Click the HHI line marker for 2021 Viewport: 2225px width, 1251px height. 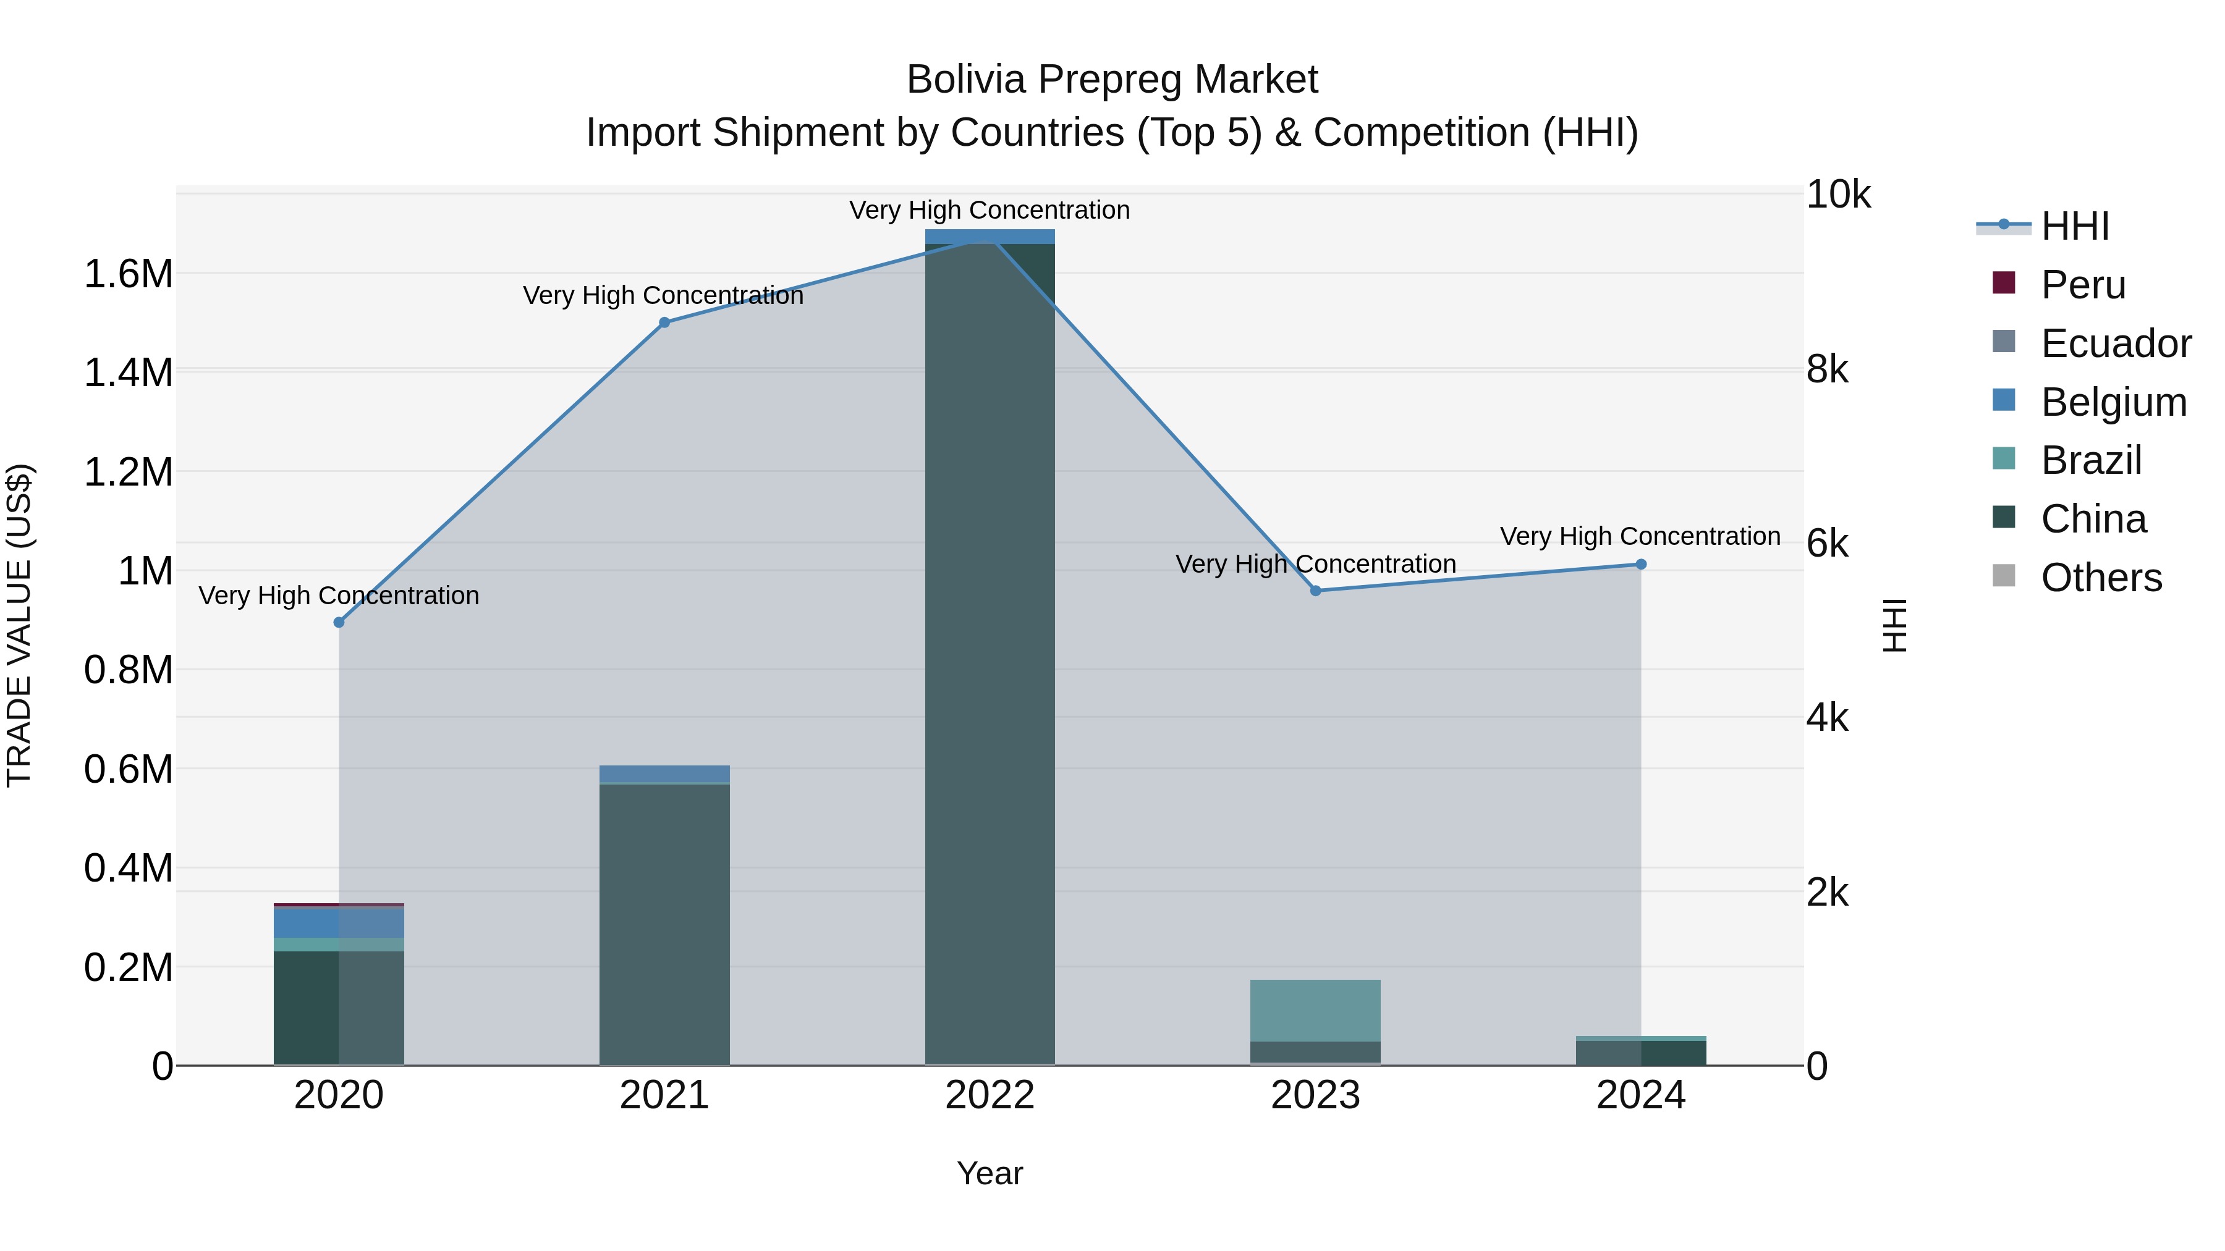664,323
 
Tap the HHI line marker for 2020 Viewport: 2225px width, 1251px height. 339,623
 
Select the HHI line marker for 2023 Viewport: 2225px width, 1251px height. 1315,591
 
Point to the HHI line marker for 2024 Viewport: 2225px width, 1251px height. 1641,565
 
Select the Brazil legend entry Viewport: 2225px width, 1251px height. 2090,460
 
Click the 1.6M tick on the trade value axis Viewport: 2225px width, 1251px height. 128,274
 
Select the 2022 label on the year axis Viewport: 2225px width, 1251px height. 990,1095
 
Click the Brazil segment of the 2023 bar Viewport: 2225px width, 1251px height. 1315,1010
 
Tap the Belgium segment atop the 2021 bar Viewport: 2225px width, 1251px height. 664,773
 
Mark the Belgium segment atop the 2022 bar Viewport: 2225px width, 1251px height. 990,237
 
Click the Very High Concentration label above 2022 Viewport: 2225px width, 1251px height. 990,211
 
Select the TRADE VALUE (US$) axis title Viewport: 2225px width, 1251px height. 19,625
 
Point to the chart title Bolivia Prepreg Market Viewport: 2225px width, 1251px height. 1112,80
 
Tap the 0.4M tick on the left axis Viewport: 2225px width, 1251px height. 128,869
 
